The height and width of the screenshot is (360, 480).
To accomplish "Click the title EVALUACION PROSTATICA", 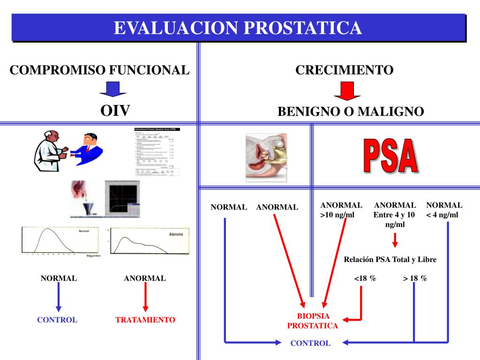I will tap(238, 28).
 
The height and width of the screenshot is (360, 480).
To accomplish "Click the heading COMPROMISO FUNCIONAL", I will tap(100, 70).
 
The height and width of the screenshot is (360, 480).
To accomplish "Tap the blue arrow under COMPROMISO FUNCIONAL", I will tap(112, 90).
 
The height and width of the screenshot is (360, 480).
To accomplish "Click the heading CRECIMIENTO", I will tap(344, 70).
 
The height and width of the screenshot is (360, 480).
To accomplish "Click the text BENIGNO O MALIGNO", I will tap(351, 112).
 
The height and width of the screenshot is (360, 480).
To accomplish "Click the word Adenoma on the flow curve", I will tap(176, 234).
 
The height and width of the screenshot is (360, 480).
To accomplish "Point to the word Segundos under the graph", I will tap(94, 255).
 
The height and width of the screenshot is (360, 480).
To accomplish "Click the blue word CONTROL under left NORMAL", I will tap(57, 320).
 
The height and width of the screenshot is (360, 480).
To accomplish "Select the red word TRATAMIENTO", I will tap(145, 320).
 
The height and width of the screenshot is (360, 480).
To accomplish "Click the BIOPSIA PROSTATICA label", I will tap(313, 321).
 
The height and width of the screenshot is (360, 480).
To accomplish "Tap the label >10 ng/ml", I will tap(337, 215).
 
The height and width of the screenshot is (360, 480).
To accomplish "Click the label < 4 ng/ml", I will tap(442, 215).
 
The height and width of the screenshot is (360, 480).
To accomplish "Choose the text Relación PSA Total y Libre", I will tap(390, 260).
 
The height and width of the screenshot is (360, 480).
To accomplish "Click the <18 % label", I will tap(365, 278).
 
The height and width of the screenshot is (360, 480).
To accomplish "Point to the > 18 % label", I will tap(415, 278).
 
